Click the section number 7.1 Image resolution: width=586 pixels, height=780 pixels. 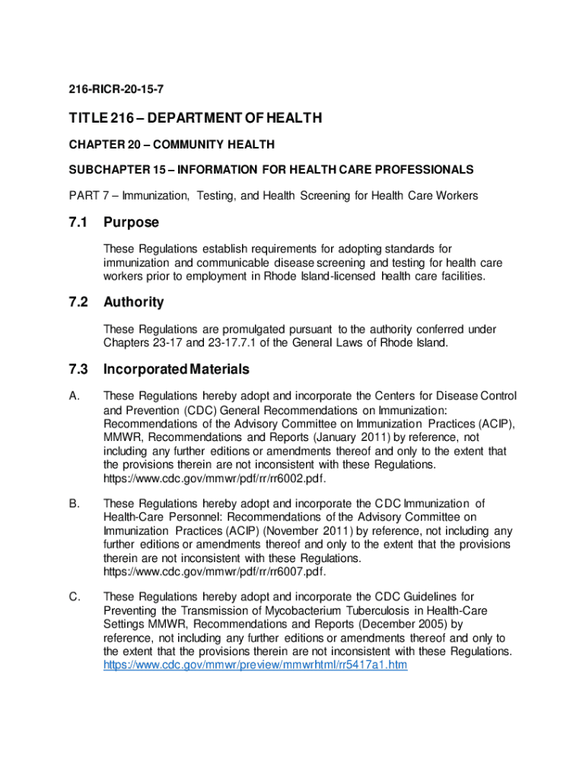point(78,222)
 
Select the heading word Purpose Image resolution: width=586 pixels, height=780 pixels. point(132,222)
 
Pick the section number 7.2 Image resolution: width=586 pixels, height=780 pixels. point(78,302)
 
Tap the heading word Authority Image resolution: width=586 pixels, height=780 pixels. point(134,302)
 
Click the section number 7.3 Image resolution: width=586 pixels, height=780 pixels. point(78,369)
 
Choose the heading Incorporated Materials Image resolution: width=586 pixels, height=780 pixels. point(177,369)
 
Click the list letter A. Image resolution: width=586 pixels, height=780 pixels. point(74,396)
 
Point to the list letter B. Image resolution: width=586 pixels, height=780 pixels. point(74,503)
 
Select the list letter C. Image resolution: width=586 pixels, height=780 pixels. point(74,596)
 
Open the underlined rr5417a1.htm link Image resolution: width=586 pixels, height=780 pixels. point(256,665)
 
